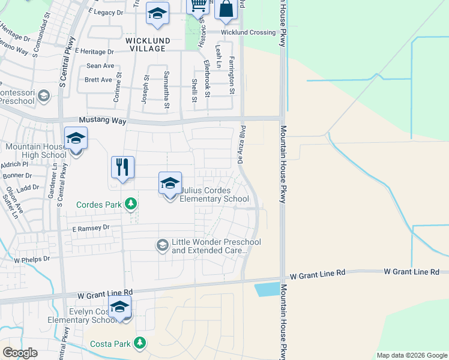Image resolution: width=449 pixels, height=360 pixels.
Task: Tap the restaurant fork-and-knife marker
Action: coord(122,168)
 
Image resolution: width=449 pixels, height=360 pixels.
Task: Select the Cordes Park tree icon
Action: coord(130,204)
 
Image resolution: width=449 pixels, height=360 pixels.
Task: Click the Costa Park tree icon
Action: coord(140,343)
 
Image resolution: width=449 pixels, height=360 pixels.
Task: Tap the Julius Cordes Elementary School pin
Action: coord(170,184)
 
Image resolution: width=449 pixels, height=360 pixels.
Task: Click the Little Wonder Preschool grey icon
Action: coord(162,245)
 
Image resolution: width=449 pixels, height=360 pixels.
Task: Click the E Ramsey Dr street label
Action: coord(91,228)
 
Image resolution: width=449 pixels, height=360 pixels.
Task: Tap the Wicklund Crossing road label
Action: coord(248,32)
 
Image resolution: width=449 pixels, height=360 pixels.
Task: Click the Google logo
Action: coord(20,352)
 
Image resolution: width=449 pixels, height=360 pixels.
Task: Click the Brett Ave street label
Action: coord(98,80)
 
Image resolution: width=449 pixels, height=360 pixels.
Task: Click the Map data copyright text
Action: coord(411,355)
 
